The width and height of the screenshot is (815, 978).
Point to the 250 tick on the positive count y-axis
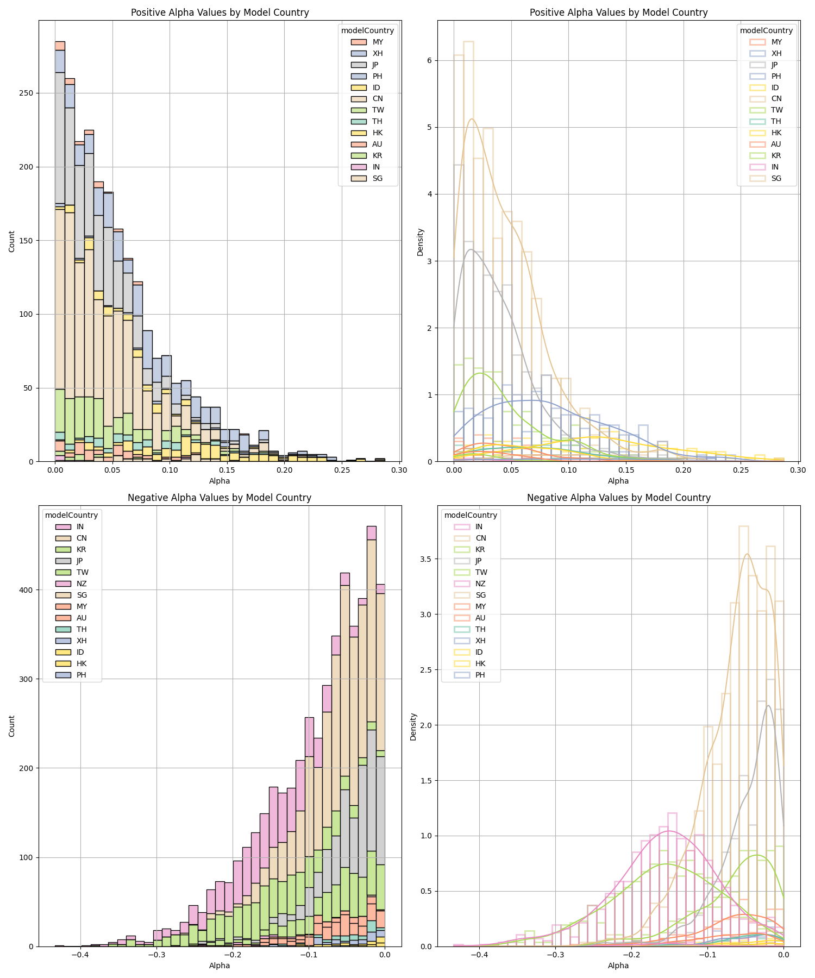(28, 93)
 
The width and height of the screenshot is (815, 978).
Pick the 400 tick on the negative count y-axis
(28, 590)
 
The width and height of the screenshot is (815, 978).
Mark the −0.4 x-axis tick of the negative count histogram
(80, 954)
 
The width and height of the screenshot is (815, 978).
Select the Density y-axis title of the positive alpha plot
(420, 242)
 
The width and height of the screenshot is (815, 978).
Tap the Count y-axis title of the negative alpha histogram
(12, 726)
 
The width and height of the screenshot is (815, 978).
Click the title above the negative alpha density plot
(618, 498)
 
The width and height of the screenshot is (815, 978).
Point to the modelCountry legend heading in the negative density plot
(471, 515)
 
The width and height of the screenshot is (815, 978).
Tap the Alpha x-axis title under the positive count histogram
(220, 481)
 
